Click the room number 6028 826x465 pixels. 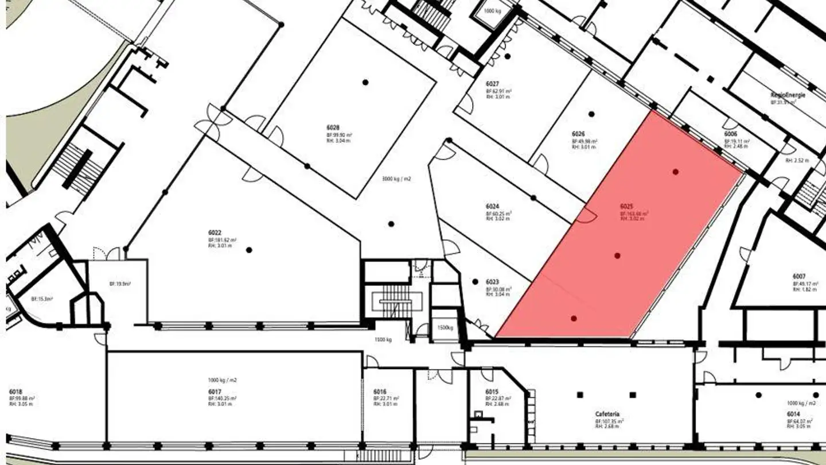[x=333, y=127]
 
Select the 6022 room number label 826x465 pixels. [x=215, y=232]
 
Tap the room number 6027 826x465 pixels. [x=491, y=84]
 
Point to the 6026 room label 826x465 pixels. [x=578, y=134]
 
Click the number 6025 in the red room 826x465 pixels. [x=626, y=206]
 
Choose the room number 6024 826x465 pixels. [x=492, y=206]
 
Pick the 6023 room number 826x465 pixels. [x=492, y=282]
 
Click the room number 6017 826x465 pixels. [x=215, y=392]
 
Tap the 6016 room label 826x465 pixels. [x=380, y=392]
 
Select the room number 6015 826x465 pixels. [x=492, y=392]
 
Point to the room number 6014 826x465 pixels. [x=793, y=414]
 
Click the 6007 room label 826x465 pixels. [x=799, y=277]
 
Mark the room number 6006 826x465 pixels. [x=730, y=133]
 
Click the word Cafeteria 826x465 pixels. [x=607, y=414]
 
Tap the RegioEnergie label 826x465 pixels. [x=788, y=95]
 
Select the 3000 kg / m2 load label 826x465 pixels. [x=396, y=179]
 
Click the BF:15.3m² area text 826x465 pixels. [x=42, y=299]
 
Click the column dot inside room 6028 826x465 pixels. [x=365, y=82]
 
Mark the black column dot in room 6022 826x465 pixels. [x=249, y=250]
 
